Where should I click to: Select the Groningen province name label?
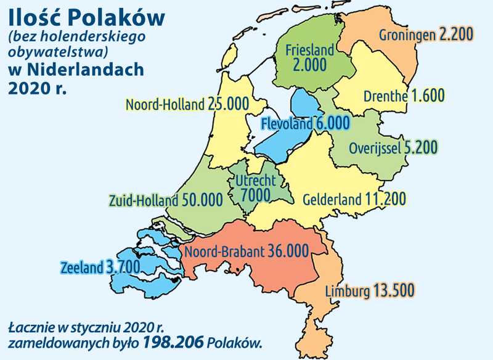coord(406,34)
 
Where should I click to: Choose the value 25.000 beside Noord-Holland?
coord(226,105)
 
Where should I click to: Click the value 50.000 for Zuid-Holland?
coord(203,200)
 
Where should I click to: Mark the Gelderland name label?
coord(332,200)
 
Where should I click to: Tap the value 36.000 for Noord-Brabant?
coord(288,252)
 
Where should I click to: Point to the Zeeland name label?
coord(81,268)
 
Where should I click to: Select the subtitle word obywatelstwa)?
coord(55,49)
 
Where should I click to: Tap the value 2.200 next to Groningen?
coord(456,34)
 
